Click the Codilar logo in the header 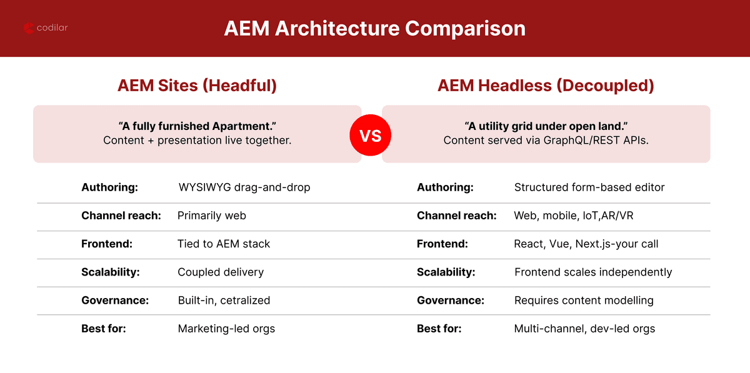click(x=46, y=28)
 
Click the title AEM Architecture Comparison click(x=375, y=29)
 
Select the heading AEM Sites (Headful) click(x=197, y=86)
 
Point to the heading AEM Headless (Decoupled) click(x=546, y=86)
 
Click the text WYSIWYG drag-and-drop click(x=244, y=187)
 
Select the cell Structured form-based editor click(x=589, y=187)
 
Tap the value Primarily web click(x=212, y=216)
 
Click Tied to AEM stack click(x=224, y=244)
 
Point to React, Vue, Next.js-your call click(x=586, y=244)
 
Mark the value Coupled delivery click(x=221, y=272)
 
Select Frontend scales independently click(x=593, y=272)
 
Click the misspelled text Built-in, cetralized click(x=224, y=300)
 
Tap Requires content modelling click(x=584, y=300)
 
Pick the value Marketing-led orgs click(x=226, y=328)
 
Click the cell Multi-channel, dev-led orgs click(x=584, y=328)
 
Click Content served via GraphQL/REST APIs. click(x=546, y=140)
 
